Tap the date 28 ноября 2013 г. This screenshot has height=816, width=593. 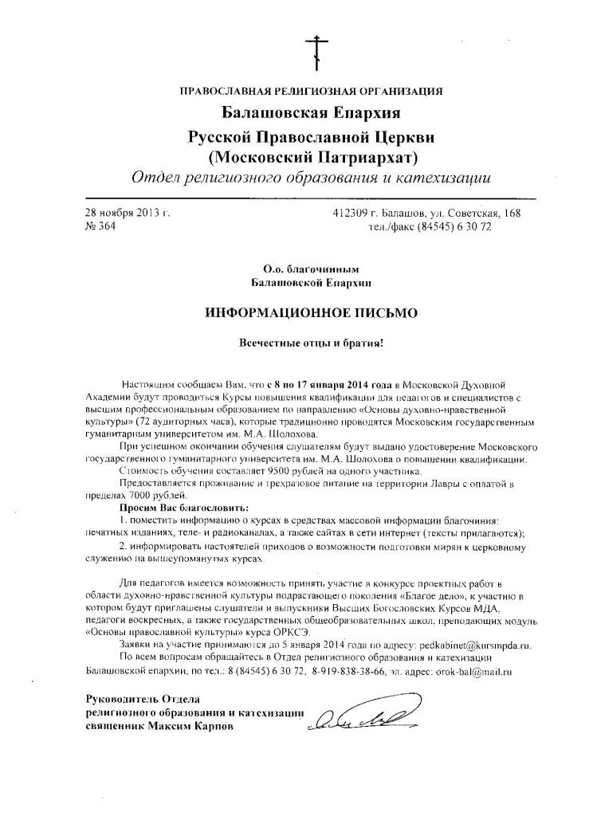[x=127, y=213]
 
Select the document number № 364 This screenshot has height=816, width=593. [x=100, y=226]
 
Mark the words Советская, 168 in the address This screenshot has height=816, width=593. [x=487, y=213]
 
